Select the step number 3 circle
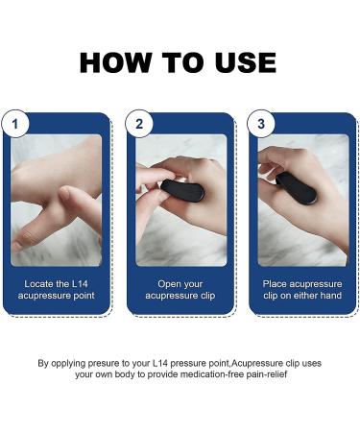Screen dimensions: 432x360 pos(260,125)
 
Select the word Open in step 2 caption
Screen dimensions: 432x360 pos(170,285)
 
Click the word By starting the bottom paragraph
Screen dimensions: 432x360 pos(43,364)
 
